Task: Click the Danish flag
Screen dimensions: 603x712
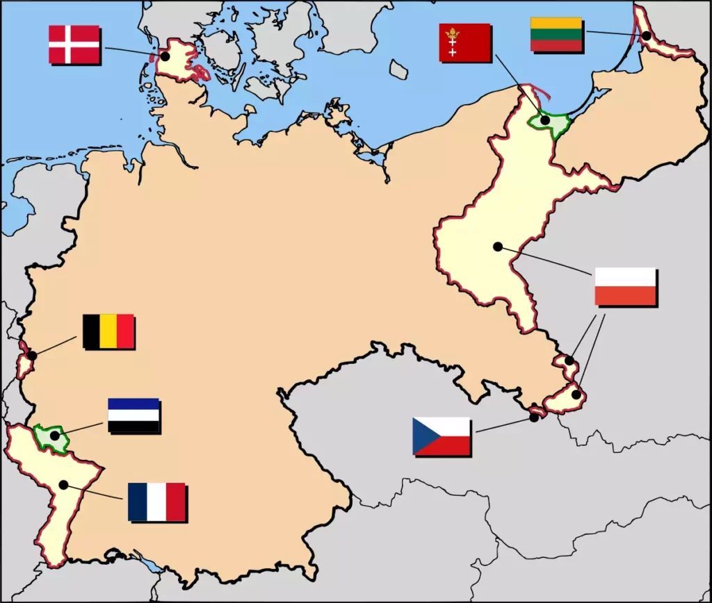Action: pyautogui.click(x=74, y=44)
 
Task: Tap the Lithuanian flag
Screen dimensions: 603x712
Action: pyautogui.click(x=556, y=34)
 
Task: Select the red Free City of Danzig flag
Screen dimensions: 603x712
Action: pyautogui.click(x=464, y=42)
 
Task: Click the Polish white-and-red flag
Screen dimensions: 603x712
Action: pyautogui.click(x=625, y=286)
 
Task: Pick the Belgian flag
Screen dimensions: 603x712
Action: pyautogui.click(x=108, y=331)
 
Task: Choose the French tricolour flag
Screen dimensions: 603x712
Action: pyautogui.click(x=156, y=502)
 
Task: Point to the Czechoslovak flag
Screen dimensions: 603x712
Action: pyautogui.click(x=442, y=436)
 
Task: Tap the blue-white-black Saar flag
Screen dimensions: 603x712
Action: pyautogui.click(x=133, y=415)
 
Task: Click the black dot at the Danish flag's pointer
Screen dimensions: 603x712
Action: pyautogui.click(x=165, y=56)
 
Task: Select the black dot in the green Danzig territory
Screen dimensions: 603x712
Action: pyautogui.click(x=546, y=120)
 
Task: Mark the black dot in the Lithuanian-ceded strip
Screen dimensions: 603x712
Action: pyautogui.click(x=647, y=35)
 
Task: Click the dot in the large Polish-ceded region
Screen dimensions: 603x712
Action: pyautogui.click(x=498, y=246)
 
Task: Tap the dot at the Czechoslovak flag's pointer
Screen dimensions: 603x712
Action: pyautogui.click(x=534, y=417)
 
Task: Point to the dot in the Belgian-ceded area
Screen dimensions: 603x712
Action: pyautogui.click(x=31, y=356)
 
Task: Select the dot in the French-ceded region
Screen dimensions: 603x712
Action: pyautogui.click(x=63, y=484)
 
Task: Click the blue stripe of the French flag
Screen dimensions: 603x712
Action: pyautogui.click(x=138, y=502)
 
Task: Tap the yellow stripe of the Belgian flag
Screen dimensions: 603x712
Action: pyautogui.click(x=108, y=331)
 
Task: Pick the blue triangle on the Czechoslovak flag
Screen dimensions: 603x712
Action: pyautogui.click(x=421, y=436)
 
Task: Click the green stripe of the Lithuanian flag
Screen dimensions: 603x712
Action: pyautogui.click(x=556, y=34)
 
